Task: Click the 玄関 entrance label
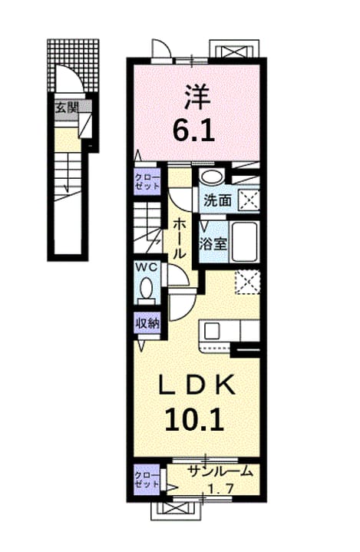[x=66, y=107]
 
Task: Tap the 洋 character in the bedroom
[x=197, y=96]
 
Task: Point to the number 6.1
[x=193, y=130]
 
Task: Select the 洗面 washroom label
[x=217, y=200]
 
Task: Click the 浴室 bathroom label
[x=213, y=243]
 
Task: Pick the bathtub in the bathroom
[x=244, y=242]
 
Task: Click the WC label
[x=147, y=267]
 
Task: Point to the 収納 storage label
[x=148, y=323]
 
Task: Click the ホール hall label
[x=180, y=238]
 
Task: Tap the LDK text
[x=197, y=385]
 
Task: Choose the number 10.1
[x=194, y=419]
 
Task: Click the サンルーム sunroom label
[x=220, y=471]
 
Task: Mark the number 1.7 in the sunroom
[x=220, y=488]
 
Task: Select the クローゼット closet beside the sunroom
[x=147, y=479]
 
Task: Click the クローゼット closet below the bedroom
[x=147, y=182]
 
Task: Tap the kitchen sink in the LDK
[x=212, y=331]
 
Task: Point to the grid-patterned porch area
[x=73, y=65]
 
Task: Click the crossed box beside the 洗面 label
[x=249, y=200]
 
